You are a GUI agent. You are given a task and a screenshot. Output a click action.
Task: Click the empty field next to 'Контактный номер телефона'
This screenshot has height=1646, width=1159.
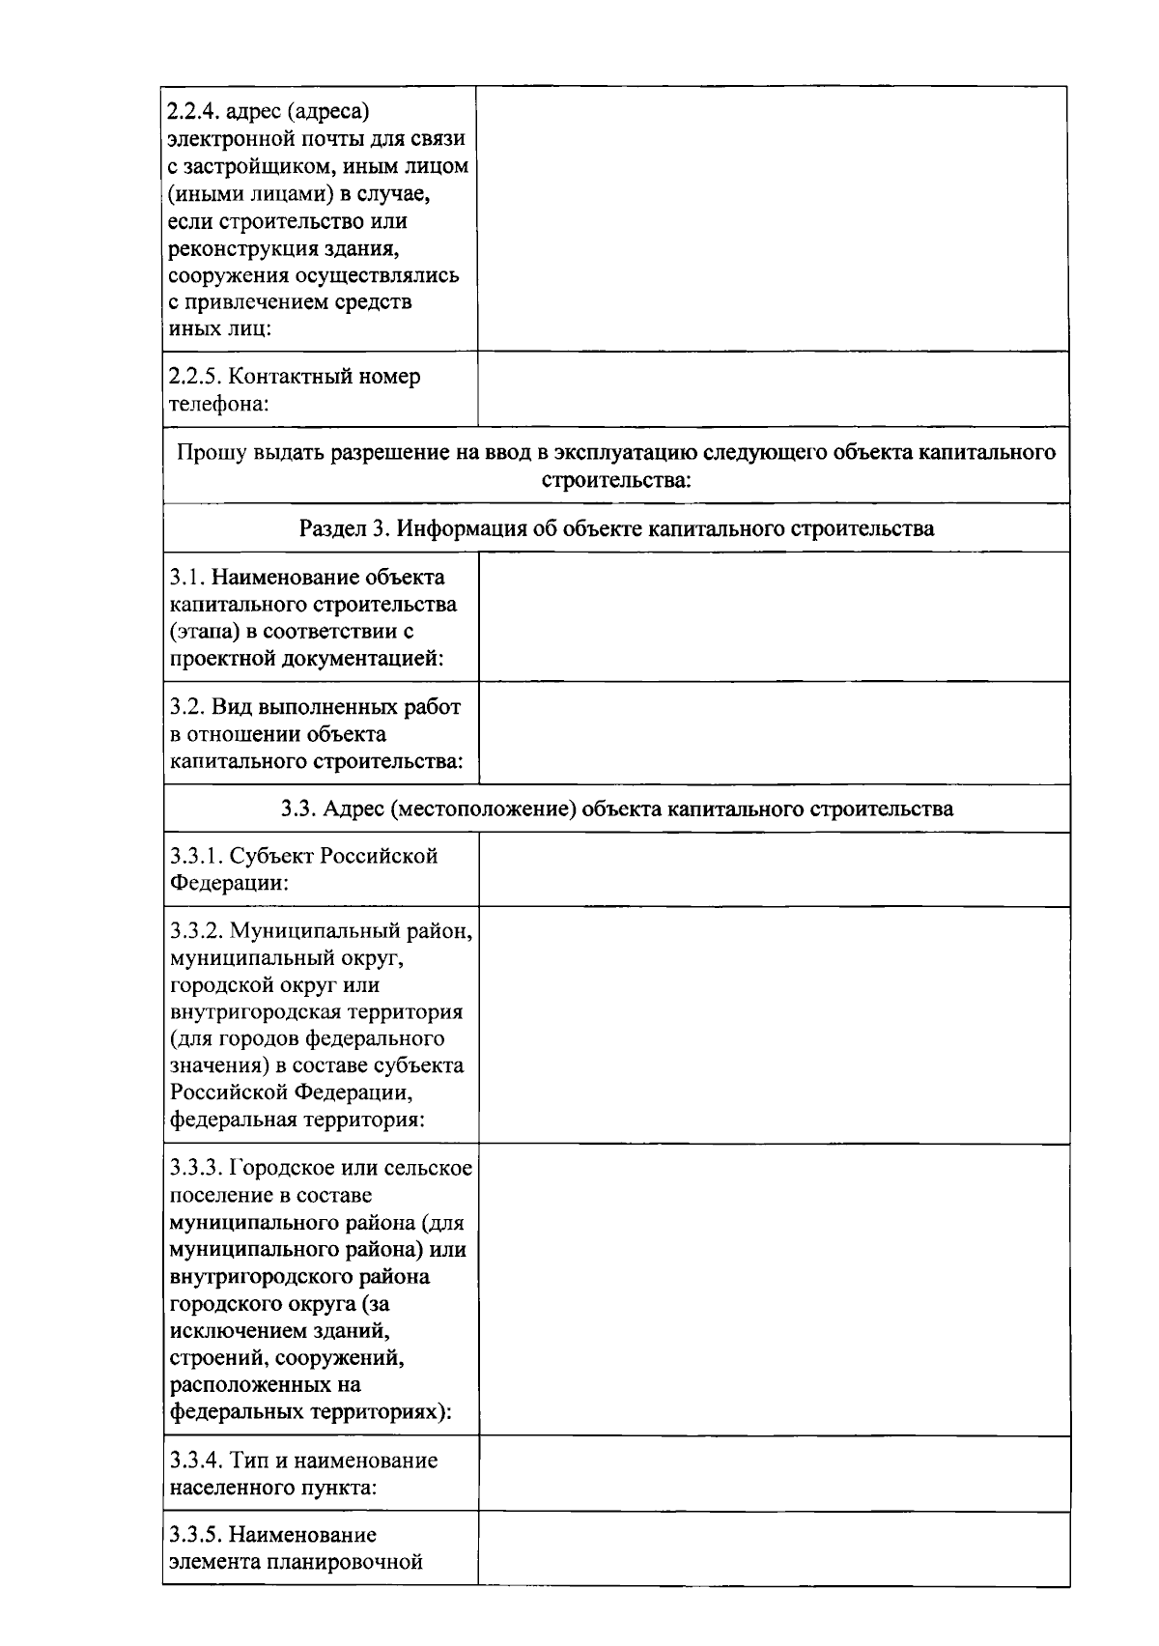[773, 389]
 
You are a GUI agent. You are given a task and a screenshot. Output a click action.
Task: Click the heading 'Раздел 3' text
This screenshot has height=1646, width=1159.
[342, 528]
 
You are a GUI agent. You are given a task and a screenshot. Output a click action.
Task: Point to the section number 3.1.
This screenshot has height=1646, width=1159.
[185, 578]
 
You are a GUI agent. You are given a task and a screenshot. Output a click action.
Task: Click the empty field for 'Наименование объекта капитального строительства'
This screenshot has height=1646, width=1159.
[773, 617]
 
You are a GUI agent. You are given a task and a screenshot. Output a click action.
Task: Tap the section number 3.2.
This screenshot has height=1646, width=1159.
[185, 707]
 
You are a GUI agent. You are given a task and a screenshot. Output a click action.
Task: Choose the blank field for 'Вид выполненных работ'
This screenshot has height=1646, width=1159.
[773, 733]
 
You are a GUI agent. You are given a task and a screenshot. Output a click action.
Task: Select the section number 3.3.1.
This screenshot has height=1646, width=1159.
[197, 856]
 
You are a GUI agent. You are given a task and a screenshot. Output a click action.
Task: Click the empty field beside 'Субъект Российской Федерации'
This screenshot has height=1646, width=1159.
[773, 869]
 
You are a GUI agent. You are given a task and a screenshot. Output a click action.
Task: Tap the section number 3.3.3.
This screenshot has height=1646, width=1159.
[197, 1169]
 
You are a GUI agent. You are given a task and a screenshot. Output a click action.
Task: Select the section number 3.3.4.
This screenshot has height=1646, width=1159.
[197, 1461]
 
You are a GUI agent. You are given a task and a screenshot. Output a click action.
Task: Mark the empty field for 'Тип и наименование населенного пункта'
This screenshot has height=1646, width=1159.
[773, 1474]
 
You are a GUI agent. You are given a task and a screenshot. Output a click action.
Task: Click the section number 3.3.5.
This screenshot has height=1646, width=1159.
[197, 1535]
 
